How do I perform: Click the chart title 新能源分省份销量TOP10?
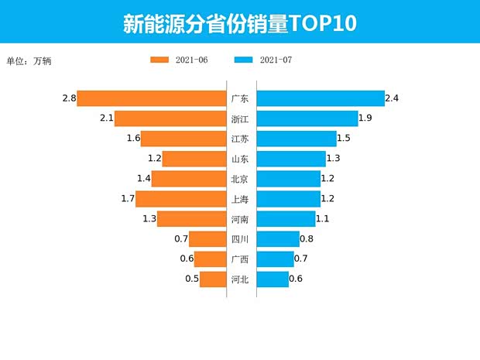point(239,23)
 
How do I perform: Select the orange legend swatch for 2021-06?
point(160,60)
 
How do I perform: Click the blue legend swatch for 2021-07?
point(243,60)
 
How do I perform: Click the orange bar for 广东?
point(151,99)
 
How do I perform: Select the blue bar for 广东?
point(320,99)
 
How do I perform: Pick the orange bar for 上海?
point(180,199)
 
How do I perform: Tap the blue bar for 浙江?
point(307,118)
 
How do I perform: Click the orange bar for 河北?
point(212,279)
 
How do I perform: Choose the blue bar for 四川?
point(277,239)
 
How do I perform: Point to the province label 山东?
point(239,159)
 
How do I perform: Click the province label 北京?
point(239,179)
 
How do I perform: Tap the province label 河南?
point(239,219)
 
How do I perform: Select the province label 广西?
point(239,259)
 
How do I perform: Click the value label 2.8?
point(69,98)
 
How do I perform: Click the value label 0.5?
point(191,279)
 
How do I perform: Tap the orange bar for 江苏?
point(183,139)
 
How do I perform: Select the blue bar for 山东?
point(290,159)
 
